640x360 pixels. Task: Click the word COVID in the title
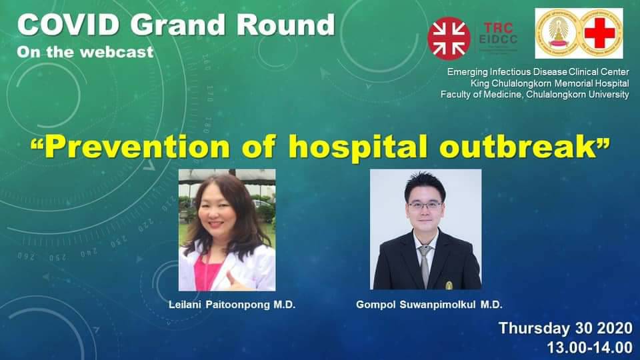[x=68, y=25]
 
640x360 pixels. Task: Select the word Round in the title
[x=286, y=25]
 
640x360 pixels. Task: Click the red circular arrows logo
[x=449, y=39]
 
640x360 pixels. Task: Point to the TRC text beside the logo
[x=499, y=28]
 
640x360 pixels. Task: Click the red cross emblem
[x=599, y=34]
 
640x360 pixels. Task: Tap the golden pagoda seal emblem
[x=558, y=34]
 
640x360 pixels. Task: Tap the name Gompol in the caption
[x=376, y=305]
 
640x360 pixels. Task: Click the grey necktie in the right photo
[x=425, y=265]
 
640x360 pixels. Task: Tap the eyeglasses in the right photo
[x=425, y=205]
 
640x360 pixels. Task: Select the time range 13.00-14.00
[x=590, y=348]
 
